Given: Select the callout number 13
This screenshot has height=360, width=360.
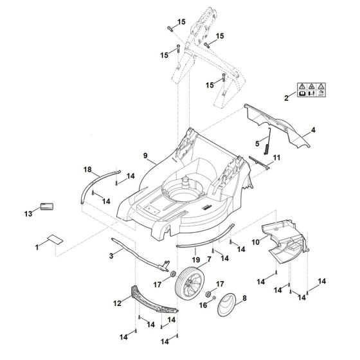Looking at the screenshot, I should [x=27, y=213].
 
